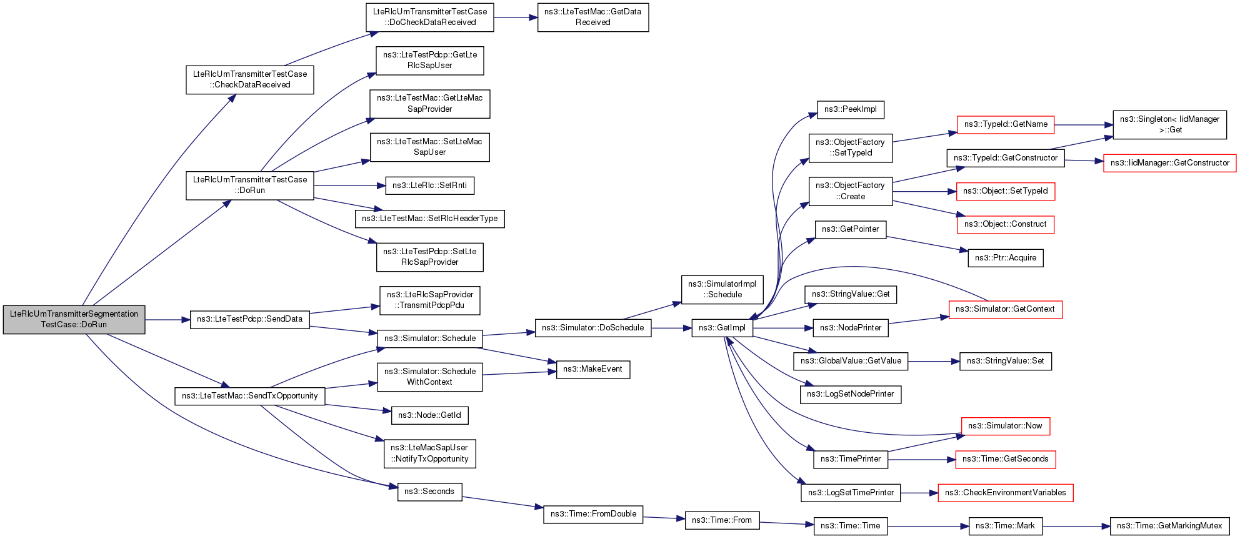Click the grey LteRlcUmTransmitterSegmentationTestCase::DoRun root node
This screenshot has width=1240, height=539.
[x=74, y=319]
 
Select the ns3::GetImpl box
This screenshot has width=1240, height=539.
[x=722, y=328]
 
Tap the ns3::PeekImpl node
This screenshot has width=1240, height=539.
[x=850, y=109]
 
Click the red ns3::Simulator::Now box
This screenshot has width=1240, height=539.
[x=1005, y=426]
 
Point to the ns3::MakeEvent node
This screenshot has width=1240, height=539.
[x=592, y=369]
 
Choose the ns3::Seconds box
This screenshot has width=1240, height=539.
[x=429, y=492]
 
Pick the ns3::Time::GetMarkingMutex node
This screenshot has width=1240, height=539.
[x=1169, y=526]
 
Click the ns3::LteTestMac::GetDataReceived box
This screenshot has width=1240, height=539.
[x=592, y=17]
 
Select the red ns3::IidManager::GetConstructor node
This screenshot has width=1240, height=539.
[x=1169, y=163]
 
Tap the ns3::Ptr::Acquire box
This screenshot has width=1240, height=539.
[x=1005, y=258]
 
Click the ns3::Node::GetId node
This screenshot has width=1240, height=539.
[x=429, y=415]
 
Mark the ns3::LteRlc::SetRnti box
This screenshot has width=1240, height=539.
[x=429, y=185]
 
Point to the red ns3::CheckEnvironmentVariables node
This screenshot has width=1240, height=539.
[x=1005, y=493]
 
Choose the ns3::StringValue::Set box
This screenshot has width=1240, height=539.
[x=1005, y=361]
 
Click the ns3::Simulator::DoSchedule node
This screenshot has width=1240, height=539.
[x=592, y=328]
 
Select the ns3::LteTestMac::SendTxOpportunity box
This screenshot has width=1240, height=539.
[x=249, y=396]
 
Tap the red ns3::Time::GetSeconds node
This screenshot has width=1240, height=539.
[x=1005, y=459]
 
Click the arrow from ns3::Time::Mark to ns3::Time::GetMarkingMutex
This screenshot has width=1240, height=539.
[x=1076, y=526]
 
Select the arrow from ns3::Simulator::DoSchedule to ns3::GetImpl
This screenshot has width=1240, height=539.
[x=671, y=328]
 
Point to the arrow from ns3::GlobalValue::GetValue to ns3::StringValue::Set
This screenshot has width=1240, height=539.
[x=934, y=361]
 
